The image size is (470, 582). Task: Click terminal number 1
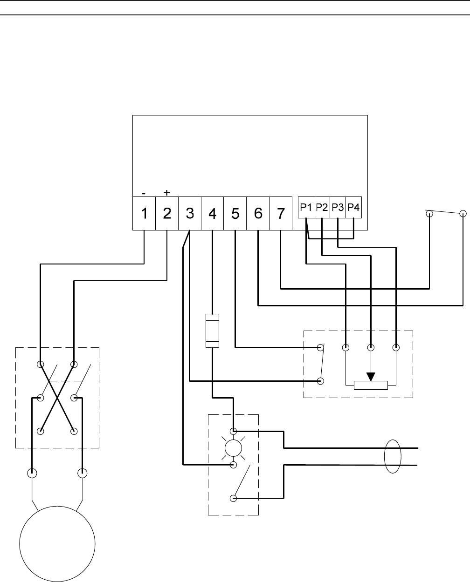click(x=144, y=214)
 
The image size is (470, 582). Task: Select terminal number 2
click(x=167, y=214)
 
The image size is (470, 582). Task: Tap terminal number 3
click(x=190, y=214)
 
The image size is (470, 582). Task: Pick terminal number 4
click(x=212, y=214)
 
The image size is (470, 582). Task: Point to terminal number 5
click(x=235, y=214)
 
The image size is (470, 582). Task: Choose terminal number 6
click(x=258, y=214)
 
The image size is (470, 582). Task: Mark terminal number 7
click(x=281, y=214)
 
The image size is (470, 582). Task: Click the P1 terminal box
click(x=306, y=208)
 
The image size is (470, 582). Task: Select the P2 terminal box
click(x=322, y=208)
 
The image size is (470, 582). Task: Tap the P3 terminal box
click(x=338, y=208)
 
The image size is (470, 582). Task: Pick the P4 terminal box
click(x=354, y=208)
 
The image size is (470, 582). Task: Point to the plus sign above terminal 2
click(x=167, y=192)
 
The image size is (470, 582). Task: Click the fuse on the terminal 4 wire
click(x=212, y=331)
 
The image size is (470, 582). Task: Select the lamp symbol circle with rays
click(x=233, y=448)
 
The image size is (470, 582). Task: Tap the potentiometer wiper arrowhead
click(x=371, y=376)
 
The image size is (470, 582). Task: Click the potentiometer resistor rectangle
click(x=371, y=385)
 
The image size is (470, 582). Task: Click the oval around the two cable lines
click(x=393, y=456)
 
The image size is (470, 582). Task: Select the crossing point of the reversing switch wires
click(x=57, y=397)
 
